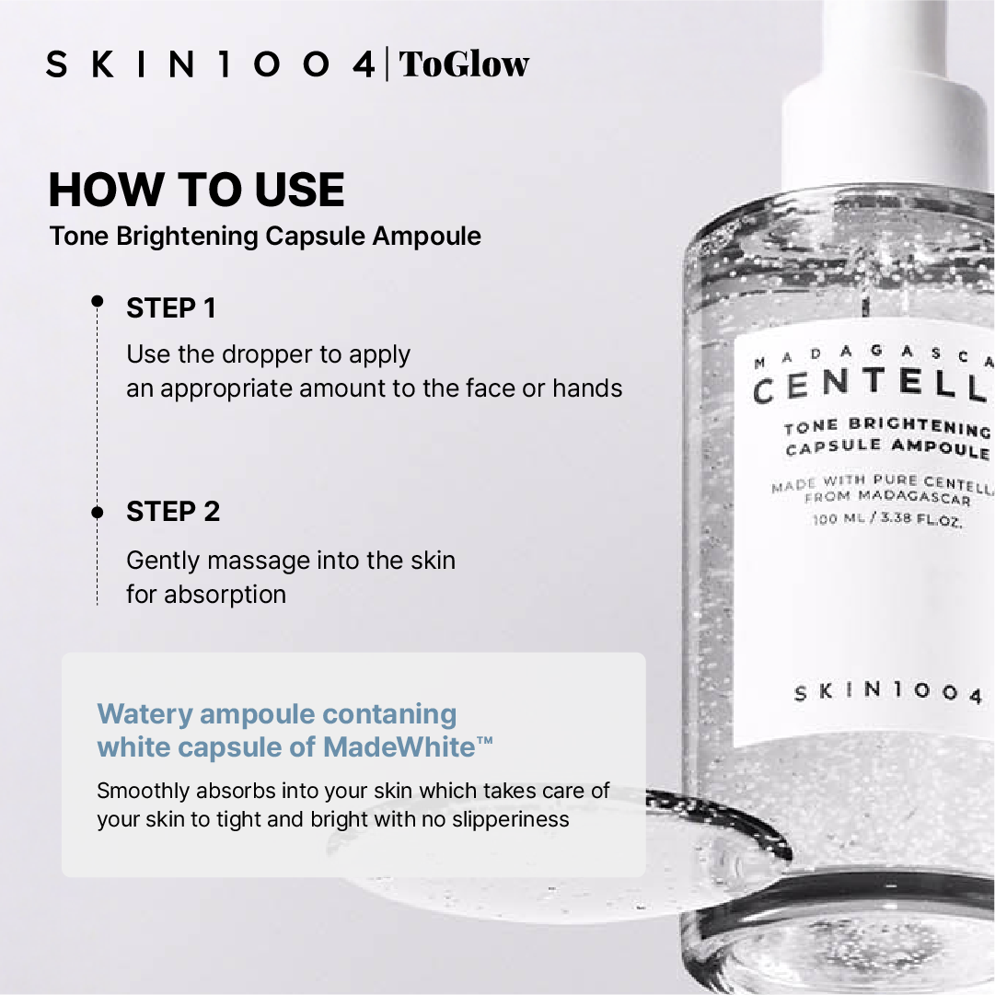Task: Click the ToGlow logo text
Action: tap(464, 64)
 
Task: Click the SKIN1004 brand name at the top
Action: tap(210, 64)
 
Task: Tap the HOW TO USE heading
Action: tap(197, 189)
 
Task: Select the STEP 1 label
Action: tap(171, 308)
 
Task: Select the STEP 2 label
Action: tap(173, 512)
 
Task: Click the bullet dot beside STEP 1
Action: tap(97, 301)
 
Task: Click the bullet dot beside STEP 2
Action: tap(97, 512)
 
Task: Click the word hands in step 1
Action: tap(587, 388)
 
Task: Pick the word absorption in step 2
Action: tap(225, 596)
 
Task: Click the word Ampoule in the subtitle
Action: tap(426, 237)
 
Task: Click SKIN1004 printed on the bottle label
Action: tap(888, 691)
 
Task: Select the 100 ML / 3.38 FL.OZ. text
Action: tap(887, 518)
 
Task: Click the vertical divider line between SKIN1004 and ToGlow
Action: tap(388, 64)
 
